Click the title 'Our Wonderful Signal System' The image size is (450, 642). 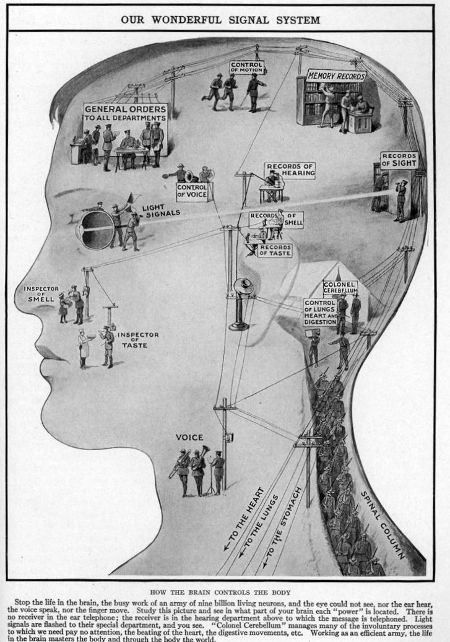pos(220,20)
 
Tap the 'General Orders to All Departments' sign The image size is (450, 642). pos(125,112)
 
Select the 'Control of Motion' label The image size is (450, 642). pos(246,67)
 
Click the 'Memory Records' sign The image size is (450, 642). pos(336,76)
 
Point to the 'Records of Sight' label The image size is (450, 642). pos(399,160)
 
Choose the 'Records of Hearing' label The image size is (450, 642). pos(290,170)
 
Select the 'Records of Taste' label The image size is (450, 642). pos(274,249)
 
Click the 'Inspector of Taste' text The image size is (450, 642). pos(138,339)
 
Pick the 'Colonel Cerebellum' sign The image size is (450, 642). pos(340,288)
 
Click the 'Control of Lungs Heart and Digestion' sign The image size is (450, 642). pos(320,312)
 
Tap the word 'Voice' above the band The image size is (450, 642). pos(189,437)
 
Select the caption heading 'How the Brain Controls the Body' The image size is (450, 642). pos(223,592)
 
